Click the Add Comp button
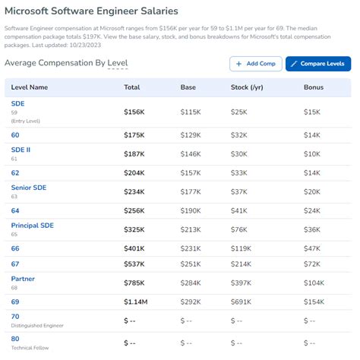[255, 64]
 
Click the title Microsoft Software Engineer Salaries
[93, 11]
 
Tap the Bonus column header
[315, 87]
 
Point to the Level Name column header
[30, 87]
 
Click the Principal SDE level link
[32, 226]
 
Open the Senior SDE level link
[30, 187]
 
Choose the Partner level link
[23, 279]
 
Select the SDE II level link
[21, 150]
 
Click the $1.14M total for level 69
[137, 302]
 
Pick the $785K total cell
[134, 283]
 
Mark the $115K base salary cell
[191, 112]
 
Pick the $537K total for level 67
[134, 264]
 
